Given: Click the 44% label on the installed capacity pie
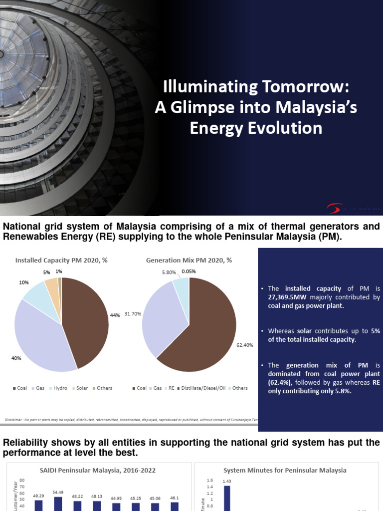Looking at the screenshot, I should [x=115, y=315].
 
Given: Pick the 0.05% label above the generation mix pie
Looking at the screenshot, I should [x=189, y=271].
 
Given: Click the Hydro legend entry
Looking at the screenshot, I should [x=58, y=388].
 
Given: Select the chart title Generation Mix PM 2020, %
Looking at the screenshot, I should [x=189, y=260].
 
